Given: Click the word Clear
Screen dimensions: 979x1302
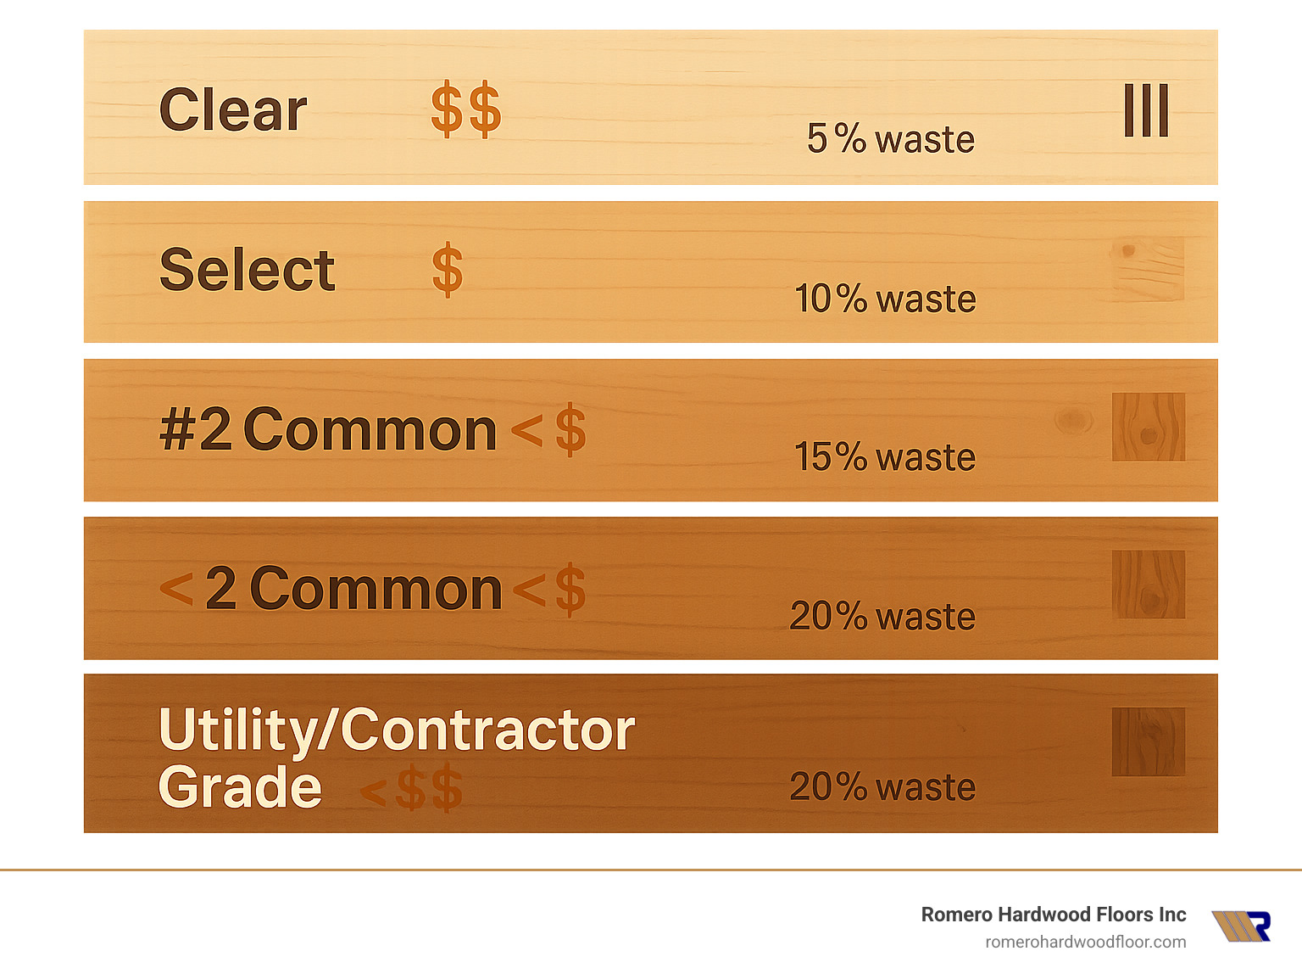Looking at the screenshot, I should pos(233,110).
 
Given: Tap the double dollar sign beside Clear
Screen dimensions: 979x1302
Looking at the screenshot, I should pos(465,110).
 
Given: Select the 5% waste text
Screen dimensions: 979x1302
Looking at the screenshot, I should pos(890,139).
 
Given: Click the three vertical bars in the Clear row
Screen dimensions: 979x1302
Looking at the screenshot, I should pos(1146,110).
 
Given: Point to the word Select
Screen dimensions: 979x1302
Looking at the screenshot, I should pos(247,270).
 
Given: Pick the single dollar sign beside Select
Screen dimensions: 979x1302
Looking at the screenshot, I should pos(448,271).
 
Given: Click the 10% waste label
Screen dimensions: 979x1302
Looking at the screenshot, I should pos(885,299).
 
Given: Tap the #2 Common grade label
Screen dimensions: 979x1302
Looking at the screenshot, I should pos(328,429).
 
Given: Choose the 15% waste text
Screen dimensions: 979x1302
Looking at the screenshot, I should pos(884,457).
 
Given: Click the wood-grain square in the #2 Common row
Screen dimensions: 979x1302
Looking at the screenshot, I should pos(1149,427).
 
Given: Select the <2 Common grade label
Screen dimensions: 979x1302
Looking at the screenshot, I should pos(331,589).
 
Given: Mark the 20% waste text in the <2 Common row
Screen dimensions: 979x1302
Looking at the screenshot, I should pos(882,617).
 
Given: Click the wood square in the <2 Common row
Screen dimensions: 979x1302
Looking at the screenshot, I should pos(1149,585).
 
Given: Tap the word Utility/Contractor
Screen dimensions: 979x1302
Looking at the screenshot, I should pos(397,730).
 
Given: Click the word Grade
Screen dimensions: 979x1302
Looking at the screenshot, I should pos(240,787).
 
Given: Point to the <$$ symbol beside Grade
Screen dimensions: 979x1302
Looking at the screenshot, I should pos(412,789).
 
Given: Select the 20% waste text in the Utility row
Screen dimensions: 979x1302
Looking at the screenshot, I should pos(882,787).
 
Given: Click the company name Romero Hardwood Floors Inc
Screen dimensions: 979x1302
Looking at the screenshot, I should pos(1054,915).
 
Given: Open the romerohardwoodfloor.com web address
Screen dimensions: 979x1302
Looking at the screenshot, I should pos(1085,942).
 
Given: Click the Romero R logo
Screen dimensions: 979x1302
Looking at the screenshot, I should pos(1241,926).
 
